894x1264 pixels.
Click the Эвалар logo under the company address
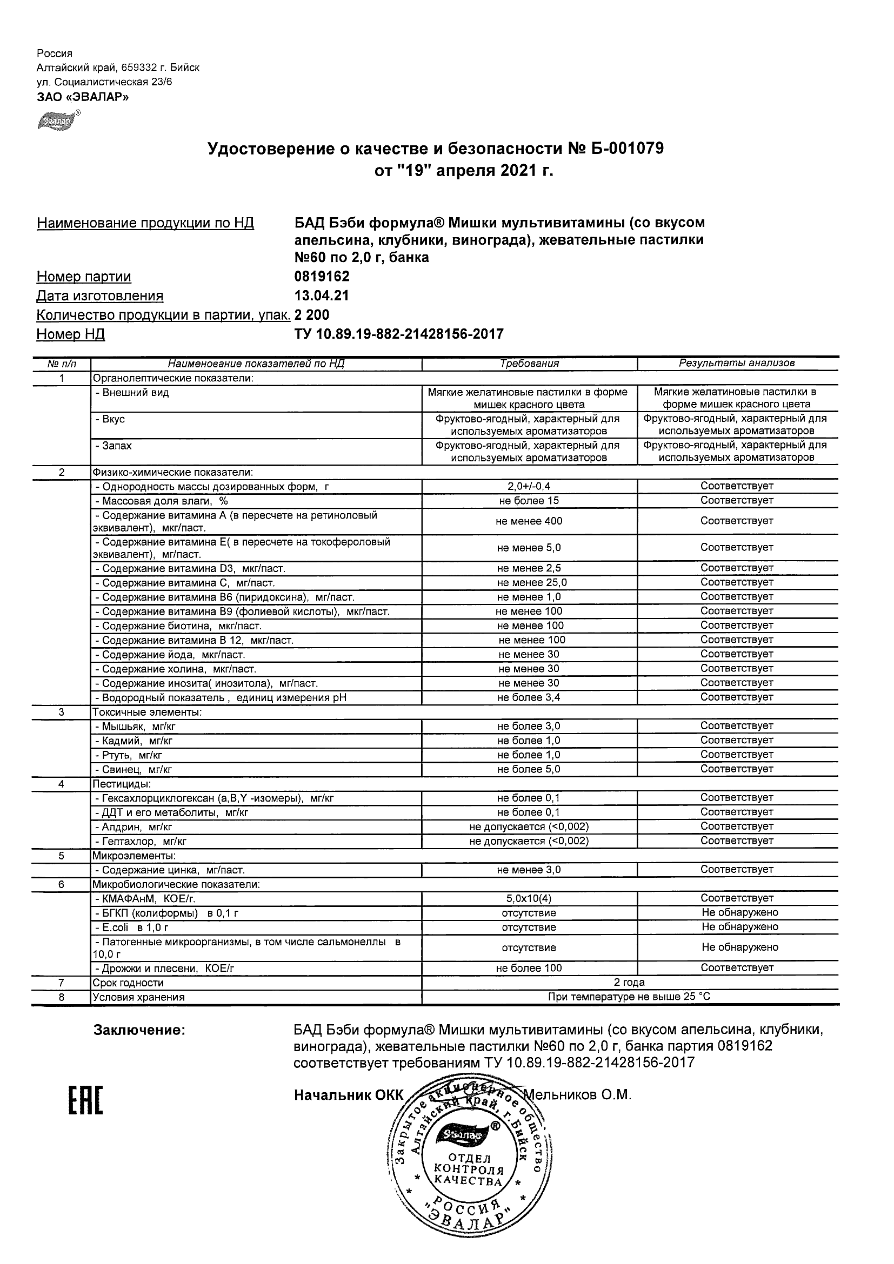point(57,120)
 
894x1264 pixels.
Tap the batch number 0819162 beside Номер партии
point(322,277)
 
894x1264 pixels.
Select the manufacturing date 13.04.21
point(322,295)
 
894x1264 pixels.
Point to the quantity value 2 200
point(312,315)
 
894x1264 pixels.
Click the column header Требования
point(529,364)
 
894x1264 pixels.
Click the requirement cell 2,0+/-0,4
point(529,486)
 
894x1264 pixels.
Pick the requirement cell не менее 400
point(529,521)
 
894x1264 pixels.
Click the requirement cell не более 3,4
point(529,697)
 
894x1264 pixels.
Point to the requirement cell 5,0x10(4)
point(529,898)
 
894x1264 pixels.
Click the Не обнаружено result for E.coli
point(740,927)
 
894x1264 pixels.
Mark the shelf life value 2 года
point(629,983)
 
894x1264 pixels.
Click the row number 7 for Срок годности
point(61,983)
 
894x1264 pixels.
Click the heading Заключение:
point(139,1030)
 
